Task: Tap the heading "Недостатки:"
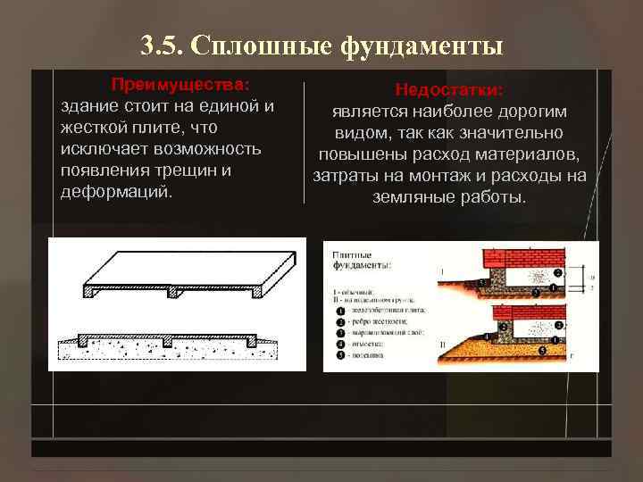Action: (449, 90)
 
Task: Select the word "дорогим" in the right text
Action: (530, 112)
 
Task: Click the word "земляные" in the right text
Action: (412, 195)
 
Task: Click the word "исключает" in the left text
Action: (102, 148)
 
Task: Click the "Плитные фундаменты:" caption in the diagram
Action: (361, 260)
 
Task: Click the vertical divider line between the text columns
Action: (305, 143)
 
